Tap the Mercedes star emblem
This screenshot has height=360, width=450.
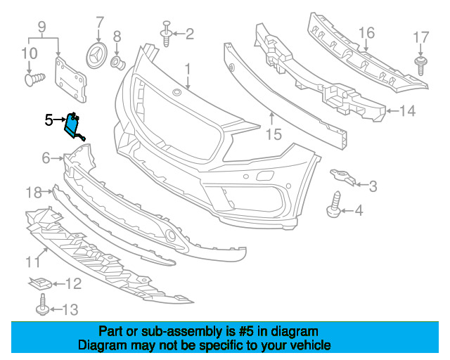pyautogui.click(x=97, y=56)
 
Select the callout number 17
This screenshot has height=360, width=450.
pyautogui.click(x=420, y=37)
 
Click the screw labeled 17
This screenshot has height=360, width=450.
pyautogui.click(x=420, y=65)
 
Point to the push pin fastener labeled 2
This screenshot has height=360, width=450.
pyautogui.click(x=166, y=34)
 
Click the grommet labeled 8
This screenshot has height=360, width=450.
pyautogui.click(x=118, y=63)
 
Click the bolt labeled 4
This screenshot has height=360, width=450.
pyautogui.click(x=334, y=205)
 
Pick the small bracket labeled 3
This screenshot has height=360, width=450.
pyautogui.click(x=343, y=176)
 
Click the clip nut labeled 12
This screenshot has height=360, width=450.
pyautogui.click(x=40, y=283)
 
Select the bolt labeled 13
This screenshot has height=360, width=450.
pyautogui.click(x=42, y=305)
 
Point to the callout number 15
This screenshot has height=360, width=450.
pyautogui.click(x=274, y=134)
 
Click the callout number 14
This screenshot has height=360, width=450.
pyautogui.click(x=408, y=111)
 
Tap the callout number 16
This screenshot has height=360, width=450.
pyautogui.click(x=366, y=33)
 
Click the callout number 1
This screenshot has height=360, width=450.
pyautogui.click(x=188, y=70)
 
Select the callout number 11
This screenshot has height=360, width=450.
pyautogui.click(x=33, y=262)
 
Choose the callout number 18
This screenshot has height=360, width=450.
pyautogui.click(x=34, y=193)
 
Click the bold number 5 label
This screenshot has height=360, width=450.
pyautogui.click(x=49, y=120)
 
